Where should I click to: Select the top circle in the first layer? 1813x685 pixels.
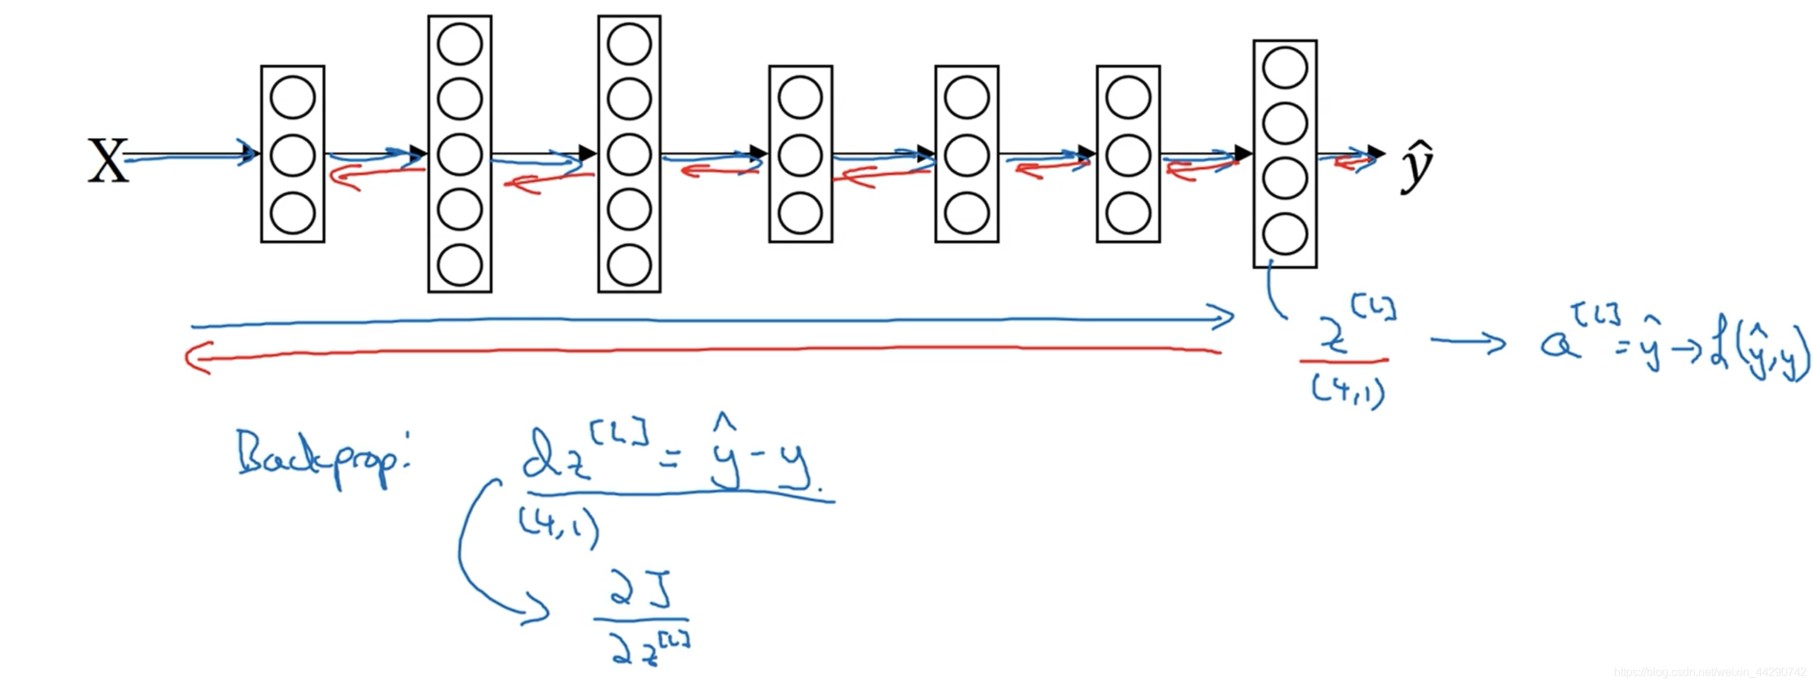pos(292,98)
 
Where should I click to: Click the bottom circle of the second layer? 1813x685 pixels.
pos(460,265)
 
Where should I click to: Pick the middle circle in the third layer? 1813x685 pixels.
pos(629,154)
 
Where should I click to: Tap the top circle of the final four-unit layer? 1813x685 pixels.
pos(1285,68)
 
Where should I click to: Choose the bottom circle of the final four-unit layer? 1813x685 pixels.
pos(1285,234)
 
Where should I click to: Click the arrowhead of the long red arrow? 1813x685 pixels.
pos(195,357)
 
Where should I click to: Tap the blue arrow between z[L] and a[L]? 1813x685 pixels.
pos(1467,342)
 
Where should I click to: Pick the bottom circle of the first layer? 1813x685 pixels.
pos(292,213)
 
